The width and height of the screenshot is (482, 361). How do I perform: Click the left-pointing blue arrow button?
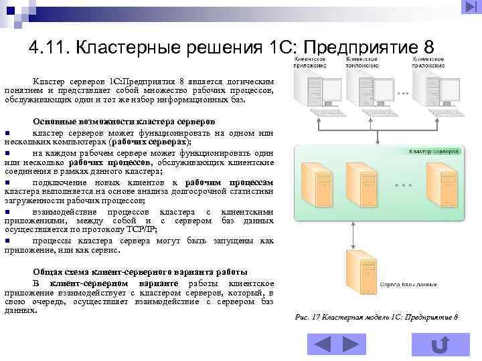[x=322, y=344]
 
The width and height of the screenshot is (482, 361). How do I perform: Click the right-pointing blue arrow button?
[x=351, y=344]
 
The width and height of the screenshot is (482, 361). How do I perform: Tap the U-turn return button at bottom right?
[x=440, y=344]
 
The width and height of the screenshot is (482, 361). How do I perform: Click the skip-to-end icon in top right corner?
[x=469, y=7]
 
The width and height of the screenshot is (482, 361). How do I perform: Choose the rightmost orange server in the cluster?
[x=440, y=182]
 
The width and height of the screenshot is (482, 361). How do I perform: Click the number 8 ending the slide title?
[x=429, y=48]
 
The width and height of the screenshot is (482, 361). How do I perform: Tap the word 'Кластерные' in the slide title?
[x=122, y=48]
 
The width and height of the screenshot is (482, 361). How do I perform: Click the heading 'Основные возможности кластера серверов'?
[x=124, y=122]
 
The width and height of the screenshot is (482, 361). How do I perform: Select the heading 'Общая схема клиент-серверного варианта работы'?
[x=140, y=272]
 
